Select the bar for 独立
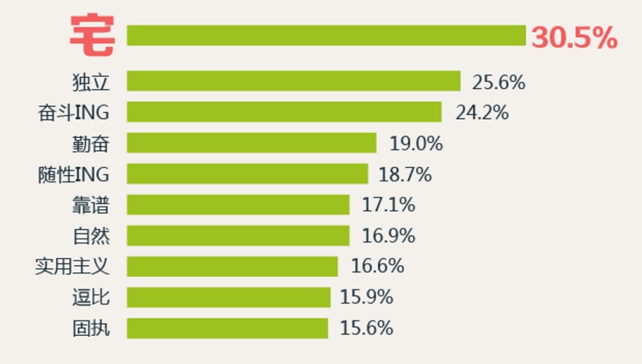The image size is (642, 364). pyautogui.click(x=294, y=81)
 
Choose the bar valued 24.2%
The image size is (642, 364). pyautogui.click(x=284, y=112)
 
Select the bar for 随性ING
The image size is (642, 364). pyautogui.click(x=247, y=174)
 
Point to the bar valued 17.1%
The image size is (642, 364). pyautogui.click(x=238, y=204)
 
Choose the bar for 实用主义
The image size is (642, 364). pyautogui.click(x=233, y=266)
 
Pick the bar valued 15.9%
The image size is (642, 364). pyautogui.click(x=229, y=297)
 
